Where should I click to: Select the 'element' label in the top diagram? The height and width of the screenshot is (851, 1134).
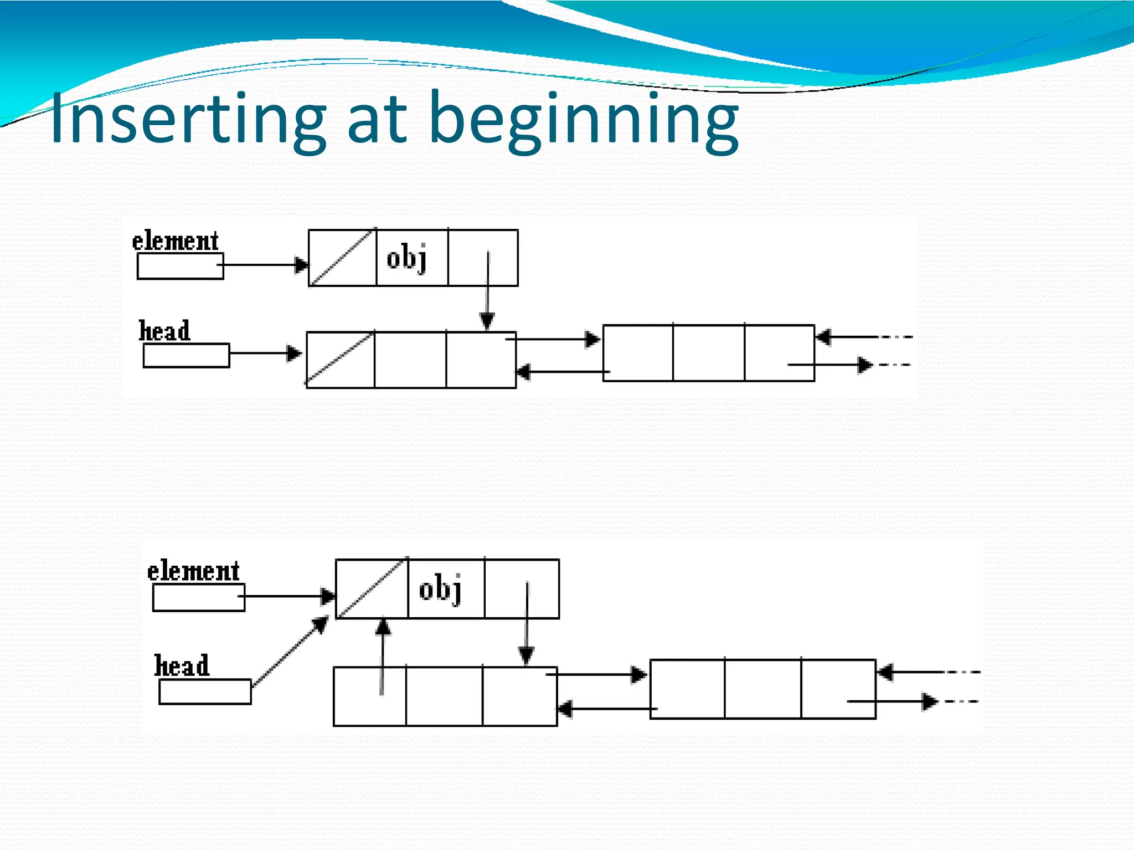coord(175,242)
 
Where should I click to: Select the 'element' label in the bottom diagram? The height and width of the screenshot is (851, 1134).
coord(193,571)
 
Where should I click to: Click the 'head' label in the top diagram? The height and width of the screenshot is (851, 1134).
coord(164,331)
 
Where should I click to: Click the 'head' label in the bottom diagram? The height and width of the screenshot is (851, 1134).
coord(182,666)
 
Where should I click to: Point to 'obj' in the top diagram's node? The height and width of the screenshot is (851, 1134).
coord(407,258)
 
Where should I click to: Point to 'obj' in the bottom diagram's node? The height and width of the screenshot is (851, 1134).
coord(440,589)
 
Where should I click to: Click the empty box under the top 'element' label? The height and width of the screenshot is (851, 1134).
coord(180,266)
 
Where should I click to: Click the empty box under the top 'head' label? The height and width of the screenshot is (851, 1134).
coord(186,356)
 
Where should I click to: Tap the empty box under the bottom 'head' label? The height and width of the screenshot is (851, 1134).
coord(205,692)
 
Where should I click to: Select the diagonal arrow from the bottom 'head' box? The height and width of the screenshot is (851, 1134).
coord(290,652)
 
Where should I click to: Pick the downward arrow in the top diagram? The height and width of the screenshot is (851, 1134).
coord(487,291)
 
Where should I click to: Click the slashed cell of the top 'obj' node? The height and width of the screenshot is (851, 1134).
coord(342,258)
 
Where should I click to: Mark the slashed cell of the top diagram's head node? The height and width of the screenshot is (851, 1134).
coord(340,360)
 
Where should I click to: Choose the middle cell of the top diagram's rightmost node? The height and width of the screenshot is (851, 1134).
coord(709,353)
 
